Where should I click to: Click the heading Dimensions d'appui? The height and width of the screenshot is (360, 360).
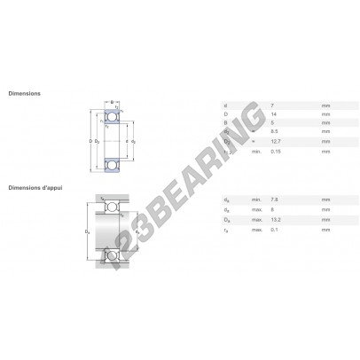(33, 187)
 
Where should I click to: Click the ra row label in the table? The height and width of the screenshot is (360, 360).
(226, 230)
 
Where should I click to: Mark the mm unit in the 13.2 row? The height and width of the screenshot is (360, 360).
(325, 220)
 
